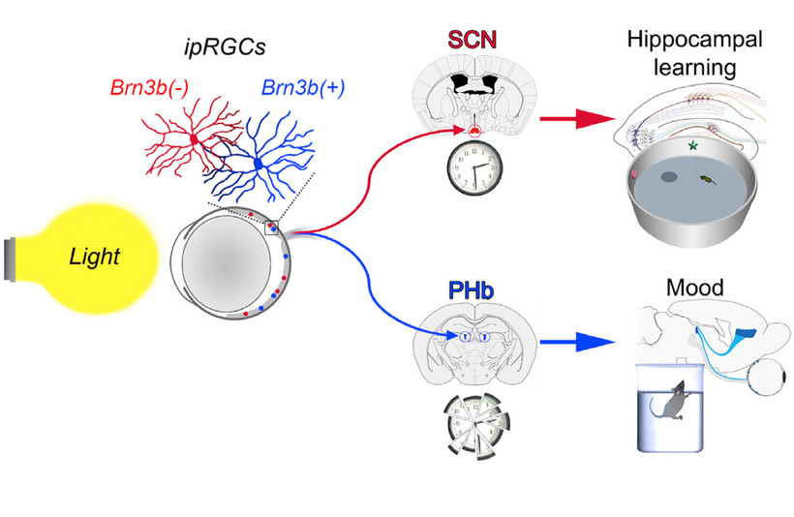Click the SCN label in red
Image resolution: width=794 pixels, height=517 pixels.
point(472,40)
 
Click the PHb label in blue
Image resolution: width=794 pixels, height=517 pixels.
point(471,290)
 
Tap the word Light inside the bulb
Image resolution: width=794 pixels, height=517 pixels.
point(94,257)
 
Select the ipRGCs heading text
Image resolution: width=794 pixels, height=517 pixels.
point(225,47)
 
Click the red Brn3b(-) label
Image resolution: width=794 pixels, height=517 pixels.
point(149,87)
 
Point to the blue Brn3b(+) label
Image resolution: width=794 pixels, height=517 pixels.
point(303,87)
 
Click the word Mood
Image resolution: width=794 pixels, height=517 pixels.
point(695,288)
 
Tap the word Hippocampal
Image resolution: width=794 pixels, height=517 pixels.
point(695,39)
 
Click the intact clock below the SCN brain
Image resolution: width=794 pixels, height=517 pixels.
point(474,168)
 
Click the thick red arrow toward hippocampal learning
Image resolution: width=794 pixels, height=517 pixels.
point(577,119)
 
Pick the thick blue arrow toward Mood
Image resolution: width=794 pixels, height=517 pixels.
point(577,342)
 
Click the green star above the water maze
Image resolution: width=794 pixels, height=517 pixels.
point(692,146)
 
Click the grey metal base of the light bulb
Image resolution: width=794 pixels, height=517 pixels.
point(10,258)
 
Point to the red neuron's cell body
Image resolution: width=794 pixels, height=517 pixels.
point(193,138)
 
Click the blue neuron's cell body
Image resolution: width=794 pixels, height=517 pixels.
point(259,164)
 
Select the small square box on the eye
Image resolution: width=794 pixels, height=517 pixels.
point(271,228)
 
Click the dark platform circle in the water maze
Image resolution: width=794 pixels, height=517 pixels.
point(669,177)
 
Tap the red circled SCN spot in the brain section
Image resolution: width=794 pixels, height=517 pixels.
point(474,131)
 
